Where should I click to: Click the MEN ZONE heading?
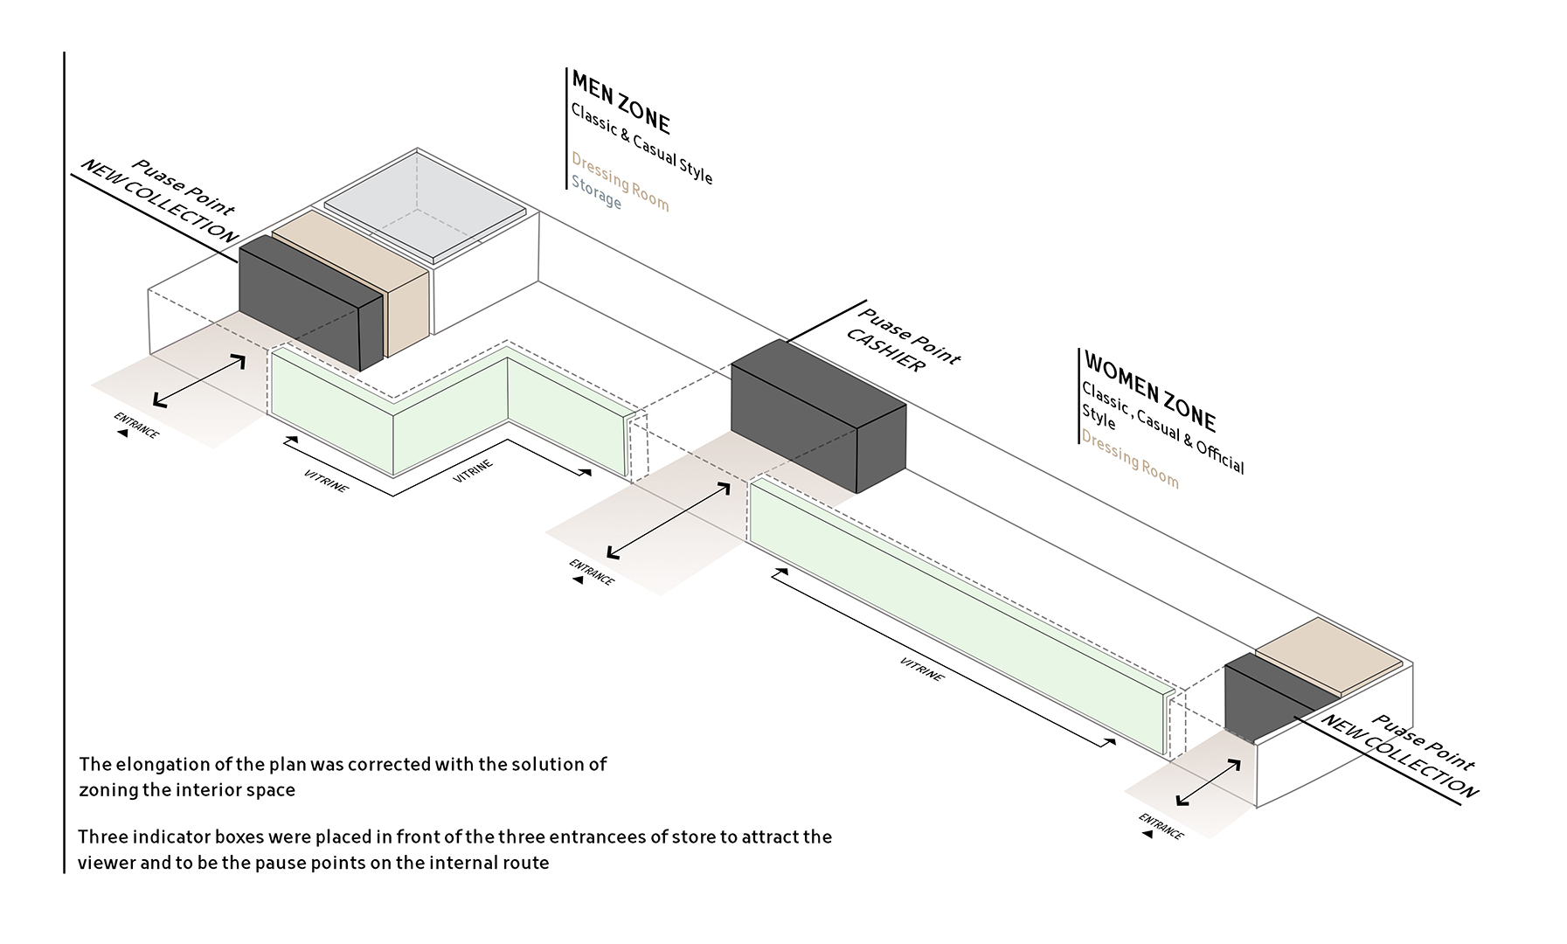[621, 103]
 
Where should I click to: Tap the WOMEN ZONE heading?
[1149, 391]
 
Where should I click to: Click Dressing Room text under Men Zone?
[620, 182]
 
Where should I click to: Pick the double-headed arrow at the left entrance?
[199, 381]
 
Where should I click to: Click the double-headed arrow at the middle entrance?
[668, 521]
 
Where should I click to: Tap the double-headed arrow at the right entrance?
[1209, 781]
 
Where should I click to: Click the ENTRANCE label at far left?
[136, 425]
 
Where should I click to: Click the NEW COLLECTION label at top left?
[159, 202]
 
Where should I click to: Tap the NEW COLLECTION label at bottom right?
[1399, 755]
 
